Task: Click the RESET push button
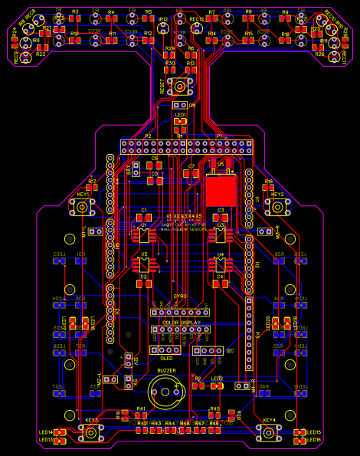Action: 180,87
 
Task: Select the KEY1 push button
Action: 83,206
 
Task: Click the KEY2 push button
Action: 277,205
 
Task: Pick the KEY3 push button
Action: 92,433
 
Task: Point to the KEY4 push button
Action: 269,433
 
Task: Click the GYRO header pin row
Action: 179,312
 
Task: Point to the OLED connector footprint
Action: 165,349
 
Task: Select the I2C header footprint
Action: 208,350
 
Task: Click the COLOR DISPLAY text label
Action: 181,323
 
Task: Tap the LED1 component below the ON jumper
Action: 180,122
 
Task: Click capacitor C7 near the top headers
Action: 191,173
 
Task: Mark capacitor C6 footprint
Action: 154,165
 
